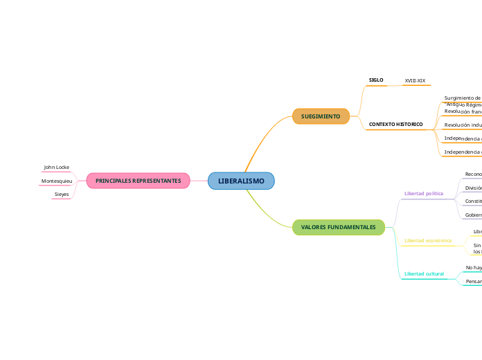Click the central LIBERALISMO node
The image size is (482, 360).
[x=241, y=181]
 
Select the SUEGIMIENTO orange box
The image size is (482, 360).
[x=321, y=116]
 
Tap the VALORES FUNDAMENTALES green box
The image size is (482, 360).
[x=338, y=227]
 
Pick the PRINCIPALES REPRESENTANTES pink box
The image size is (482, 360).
[x=138, y=181]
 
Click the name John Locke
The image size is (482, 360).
[x=56, y=168]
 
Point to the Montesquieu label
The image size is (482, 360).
[x=57, y=181]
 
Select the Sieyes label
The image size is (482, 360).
[x=62, y=195]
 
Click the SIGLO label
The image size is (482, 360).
[x=376, y=80]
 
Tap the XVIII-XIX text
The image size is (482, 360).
[x=415, y=81]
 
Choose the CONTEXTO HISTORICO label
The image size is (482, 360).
[x=395, y=125]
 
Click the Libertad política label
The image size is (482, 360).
[x=423, y=194]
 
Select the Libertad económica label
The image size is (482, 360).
[x=427, y=241]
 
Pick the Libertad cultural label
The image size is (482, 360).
[x=424, y=274]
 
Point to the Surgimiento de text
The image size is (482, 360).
[x=462, y=98]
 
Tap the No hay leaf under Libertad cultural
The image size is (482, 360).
[x=474, y=267]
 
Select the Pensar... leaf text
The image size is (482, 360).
[x=474, y=282]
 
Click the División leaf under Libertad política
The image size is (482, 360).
[x=473, y=188]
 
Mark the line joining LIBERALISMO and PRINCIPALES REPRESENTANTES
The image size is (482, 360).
[x=199, y=181]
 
